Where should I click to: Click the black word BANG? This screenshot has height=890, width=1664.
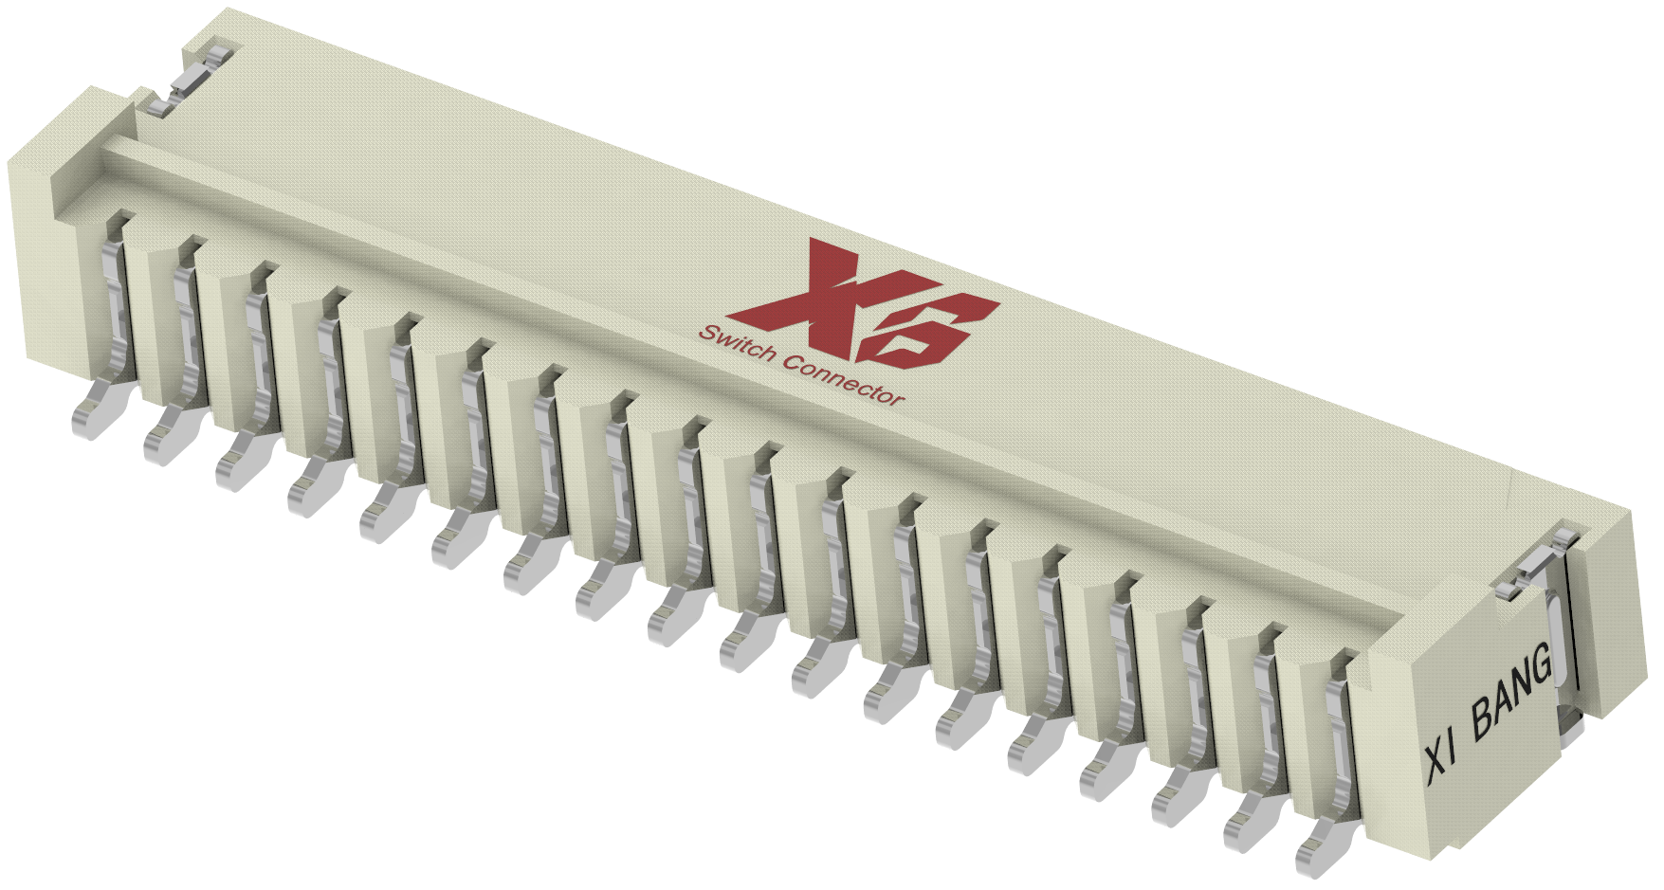pos(1511,696)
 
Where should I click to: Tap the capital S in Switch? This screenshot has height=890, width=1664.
pos(705,334)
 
